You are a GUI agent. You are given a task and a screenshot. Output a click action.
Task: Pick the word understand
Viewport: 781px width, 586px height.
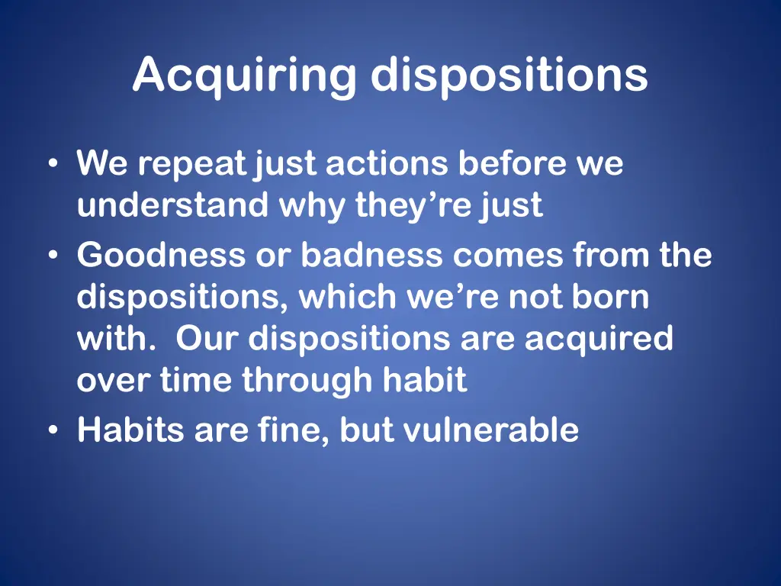click(x=172, y=205)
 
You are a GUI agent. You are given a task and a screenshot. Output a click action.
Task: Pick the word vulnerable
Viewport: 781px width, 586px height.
click(x=490, y=431)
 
